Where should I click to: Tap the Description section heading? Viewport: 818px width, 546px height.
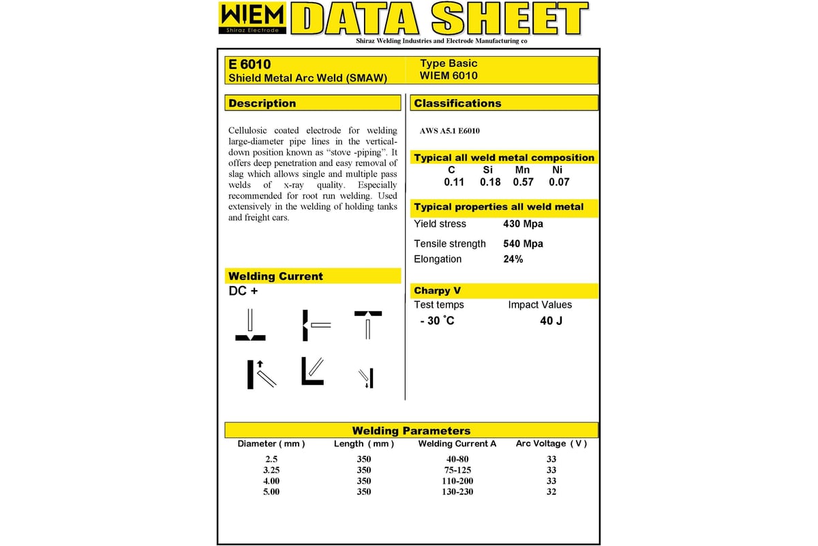coord(262,103)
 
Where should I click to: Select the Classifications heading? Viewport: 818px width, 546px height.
coord(457,103)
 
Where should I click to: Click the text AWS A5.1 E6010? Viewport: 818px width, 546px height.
coord(451,131)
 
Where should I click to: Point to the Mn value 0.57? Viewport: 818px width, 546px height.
coord(523,182)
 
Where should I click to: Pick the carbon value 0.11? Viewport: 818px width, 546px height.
coord(454,182)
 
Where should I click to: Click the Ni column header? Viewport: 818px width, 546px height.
coord(557,170)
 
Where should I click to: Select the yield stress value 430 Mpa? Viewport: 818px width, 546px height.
coord(523,224)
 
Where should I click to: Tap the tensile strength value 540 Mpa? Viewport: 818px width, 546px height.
coord(523,244)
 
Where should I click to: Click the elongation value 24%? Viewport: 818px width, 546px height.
coord(513,259)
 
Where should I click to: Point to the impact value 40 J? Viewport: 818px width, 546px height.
coord(551,321)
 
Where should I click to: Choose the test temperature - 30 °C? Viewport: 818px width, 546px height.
coord(437,321)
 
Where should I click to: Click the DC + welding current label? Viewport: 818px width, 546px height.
coord(243,291)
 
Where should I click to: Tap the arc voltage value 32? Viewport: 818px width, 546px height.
coord(551,491)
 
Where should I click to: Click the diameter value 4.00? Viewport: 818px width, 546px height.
coord(271,480)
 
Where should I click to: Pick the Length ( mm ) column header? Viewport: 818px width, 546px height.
coord(364,444)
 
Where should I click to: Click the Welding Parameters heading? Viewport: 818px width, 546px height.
coord(411,431)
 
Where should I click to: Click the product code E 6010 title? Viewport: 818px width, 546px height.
coord(249,64)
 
